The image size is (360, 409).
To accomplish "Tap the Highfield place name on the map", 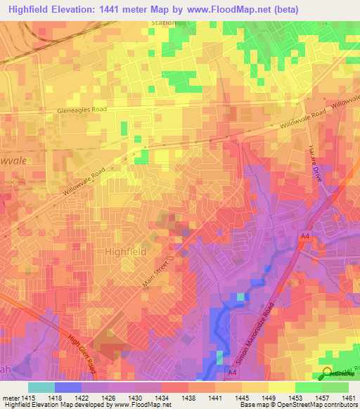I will pyautogui.click(x=125, y=251).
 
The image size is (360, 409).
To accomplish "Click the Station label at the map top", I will pyautogui.click(x=163, y=22).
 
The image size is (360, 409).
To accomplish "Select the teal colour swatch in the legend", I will pyautogui.click(x=41, y=387).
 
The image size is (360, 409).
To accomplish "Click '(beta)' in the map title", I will pyautogui.click(x=280, y=9).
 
